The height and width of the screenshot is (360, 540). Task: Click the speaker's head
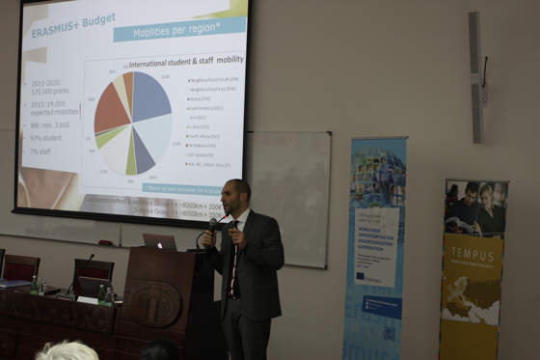(x=236, y=197)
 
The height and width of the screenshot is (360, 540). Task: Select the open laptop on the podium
(x=159, y=241)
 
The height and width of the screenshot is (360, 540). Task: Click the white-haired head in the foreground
(x=67, y=351)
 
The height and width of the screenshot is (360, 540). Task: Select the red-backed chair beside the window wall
(x=20, y=268)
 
